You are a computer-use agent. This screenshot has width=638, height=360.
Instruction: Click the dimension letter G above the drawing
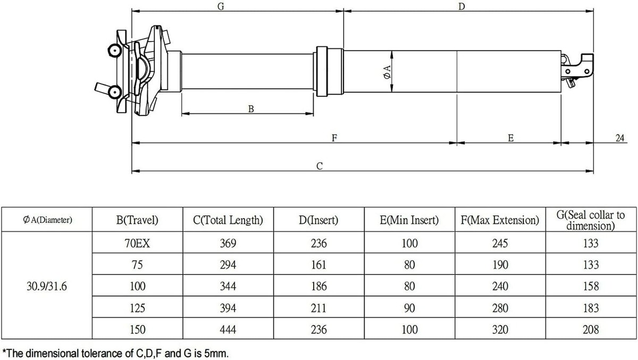(221, 6)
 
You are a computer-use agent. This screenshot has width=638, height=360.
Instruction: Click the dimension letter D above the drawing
(461, 6)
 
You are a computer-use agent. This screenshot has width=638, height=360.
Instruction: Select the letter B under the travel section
(251, 109)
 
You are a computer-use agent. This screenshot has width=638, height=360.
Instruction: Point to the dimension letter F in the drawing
(334, 138)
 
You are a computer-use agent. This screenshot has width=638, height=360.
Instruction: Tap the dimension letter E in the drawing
(511, 138)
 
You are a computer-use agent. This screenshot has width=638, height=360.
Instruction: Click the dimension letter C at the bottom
(320, 166)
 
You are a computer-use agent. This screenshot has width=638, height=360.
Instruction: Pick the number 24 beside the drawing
(620, 138)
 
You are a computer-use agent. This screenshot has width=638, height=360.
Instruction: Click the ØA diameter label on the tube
(387, 72)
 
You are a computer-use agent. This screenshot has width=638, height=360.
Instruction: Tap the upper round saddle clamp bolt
(115, 51)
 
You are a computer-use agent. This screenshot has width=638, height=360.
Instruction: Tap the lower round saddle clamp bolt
(115, 91)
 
